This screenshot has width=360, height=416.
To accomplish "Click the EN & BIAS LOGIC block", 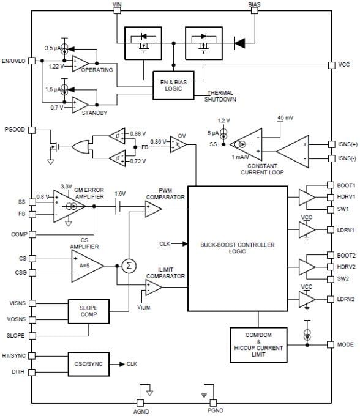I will coord(171,84).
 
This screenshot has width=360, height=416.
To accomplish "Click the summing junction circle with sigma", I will coord(129,266).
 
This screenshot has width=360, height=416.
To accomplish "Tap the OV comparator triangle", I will coord(178,143).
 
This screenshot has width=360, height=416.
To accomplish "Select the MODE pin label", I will coord(345,344).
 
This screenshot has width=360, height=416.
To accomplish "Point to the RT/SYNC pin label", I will coord(14,355).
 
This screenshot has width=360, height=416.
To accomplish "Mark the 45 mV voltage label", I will coord(286,117).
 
